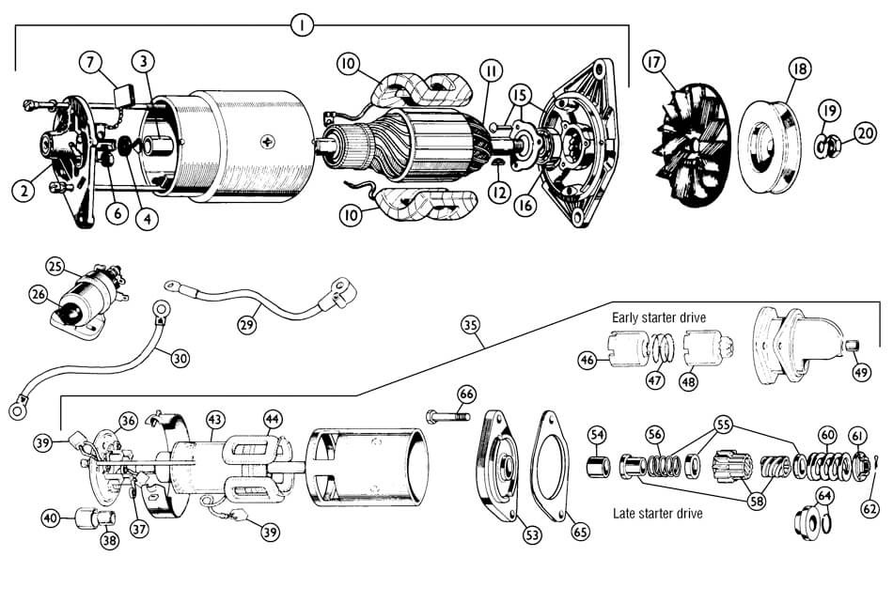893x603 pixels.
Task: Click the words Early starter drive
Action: [660, 317]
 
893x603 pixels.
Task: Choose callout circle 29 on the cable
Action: [246, 325]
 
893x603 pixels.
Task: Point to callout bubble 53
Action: [532, 534]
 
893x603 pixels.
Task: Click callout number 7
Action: [91, 62]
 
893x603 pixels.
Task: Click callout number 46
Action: [587, 359]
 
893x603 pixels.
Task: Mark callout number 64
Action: [824, 495]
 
